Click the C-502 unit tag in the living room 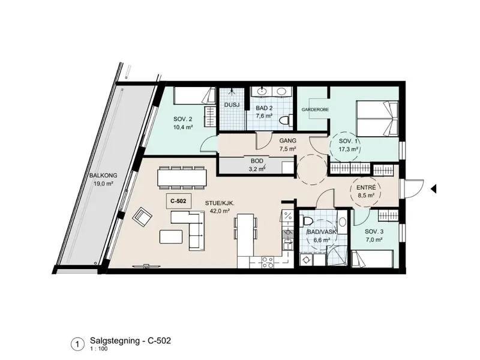coord(178,201)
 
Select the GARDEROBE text coord(316,109)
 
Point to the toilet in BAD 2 coord(284,120)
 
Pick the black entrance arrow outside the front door coord(433,189)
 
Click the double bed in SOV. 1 coord(377,119)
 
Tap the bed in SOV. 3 coord(372,259)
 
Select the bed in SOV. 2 coord(194,96)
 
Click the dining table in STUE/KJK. coord(182,177)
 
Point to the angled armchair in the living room coord(142,217)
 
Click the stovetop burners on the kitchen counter coord(268,263)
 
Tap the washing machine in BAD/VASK coord(306,260)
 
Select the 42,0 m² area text coord(220,211)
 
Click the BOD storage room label coord(257,161)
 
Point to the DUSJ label coord(232,105)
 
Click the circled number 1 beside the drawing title coord(78,344)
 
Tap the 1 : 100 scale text coord(99,349)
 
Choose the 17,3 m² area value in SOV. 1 coord(349,149)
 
